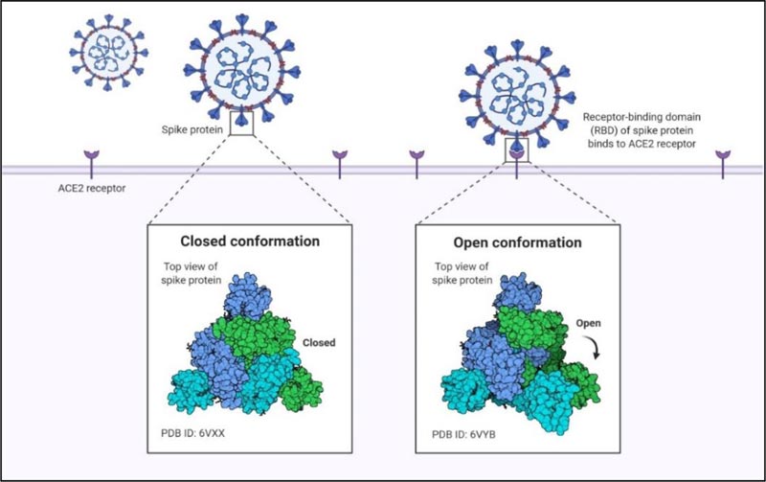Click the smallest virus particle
(107, 54)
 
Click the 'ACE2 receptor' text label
(92, 187)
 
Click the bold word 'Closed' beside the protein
(321, 340)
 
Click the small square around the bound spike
(517, 150)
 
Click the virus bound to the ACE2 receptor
(516, 94)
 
